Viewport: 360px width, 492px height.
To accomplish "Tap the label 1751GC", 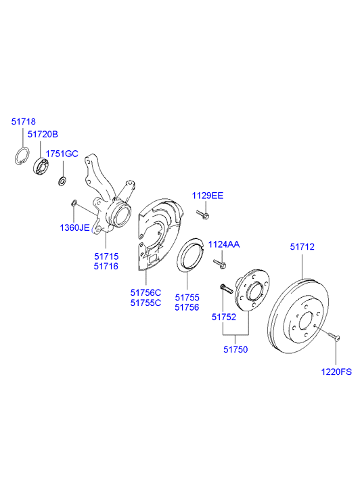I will pyautogui.click(x=62, y=154).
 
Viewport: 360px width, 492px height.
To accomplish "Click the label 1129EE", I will pyautogui.click(x=207, y=196).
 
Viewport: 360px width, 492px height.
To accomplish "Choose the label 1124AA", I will pyautogui.click(x=223, y=244).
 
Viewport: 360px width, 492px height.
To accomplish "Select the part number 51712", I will pyautogui.click(x=302, y=248).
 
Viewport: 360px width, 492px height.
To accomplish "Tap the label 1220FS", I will pyautogui.click(x=336, y=371).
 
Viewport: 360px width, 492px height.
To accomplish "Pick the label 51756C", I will pyautogui.click(x=146, y=292).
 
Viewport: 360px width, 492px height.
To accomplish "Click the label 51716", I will pyautogui.click(x=106, y=267).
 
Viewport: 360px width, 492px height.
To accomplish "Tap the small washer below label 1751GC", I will pyautogui.click(x=62, y=180).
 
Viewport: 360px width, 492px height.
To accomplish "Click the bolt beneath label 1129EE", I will pyautogui.click(x=204, y=215).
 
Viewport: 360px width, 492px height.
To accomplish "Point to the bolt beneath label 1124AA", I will pyautogui.click(x=219, y=263).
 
